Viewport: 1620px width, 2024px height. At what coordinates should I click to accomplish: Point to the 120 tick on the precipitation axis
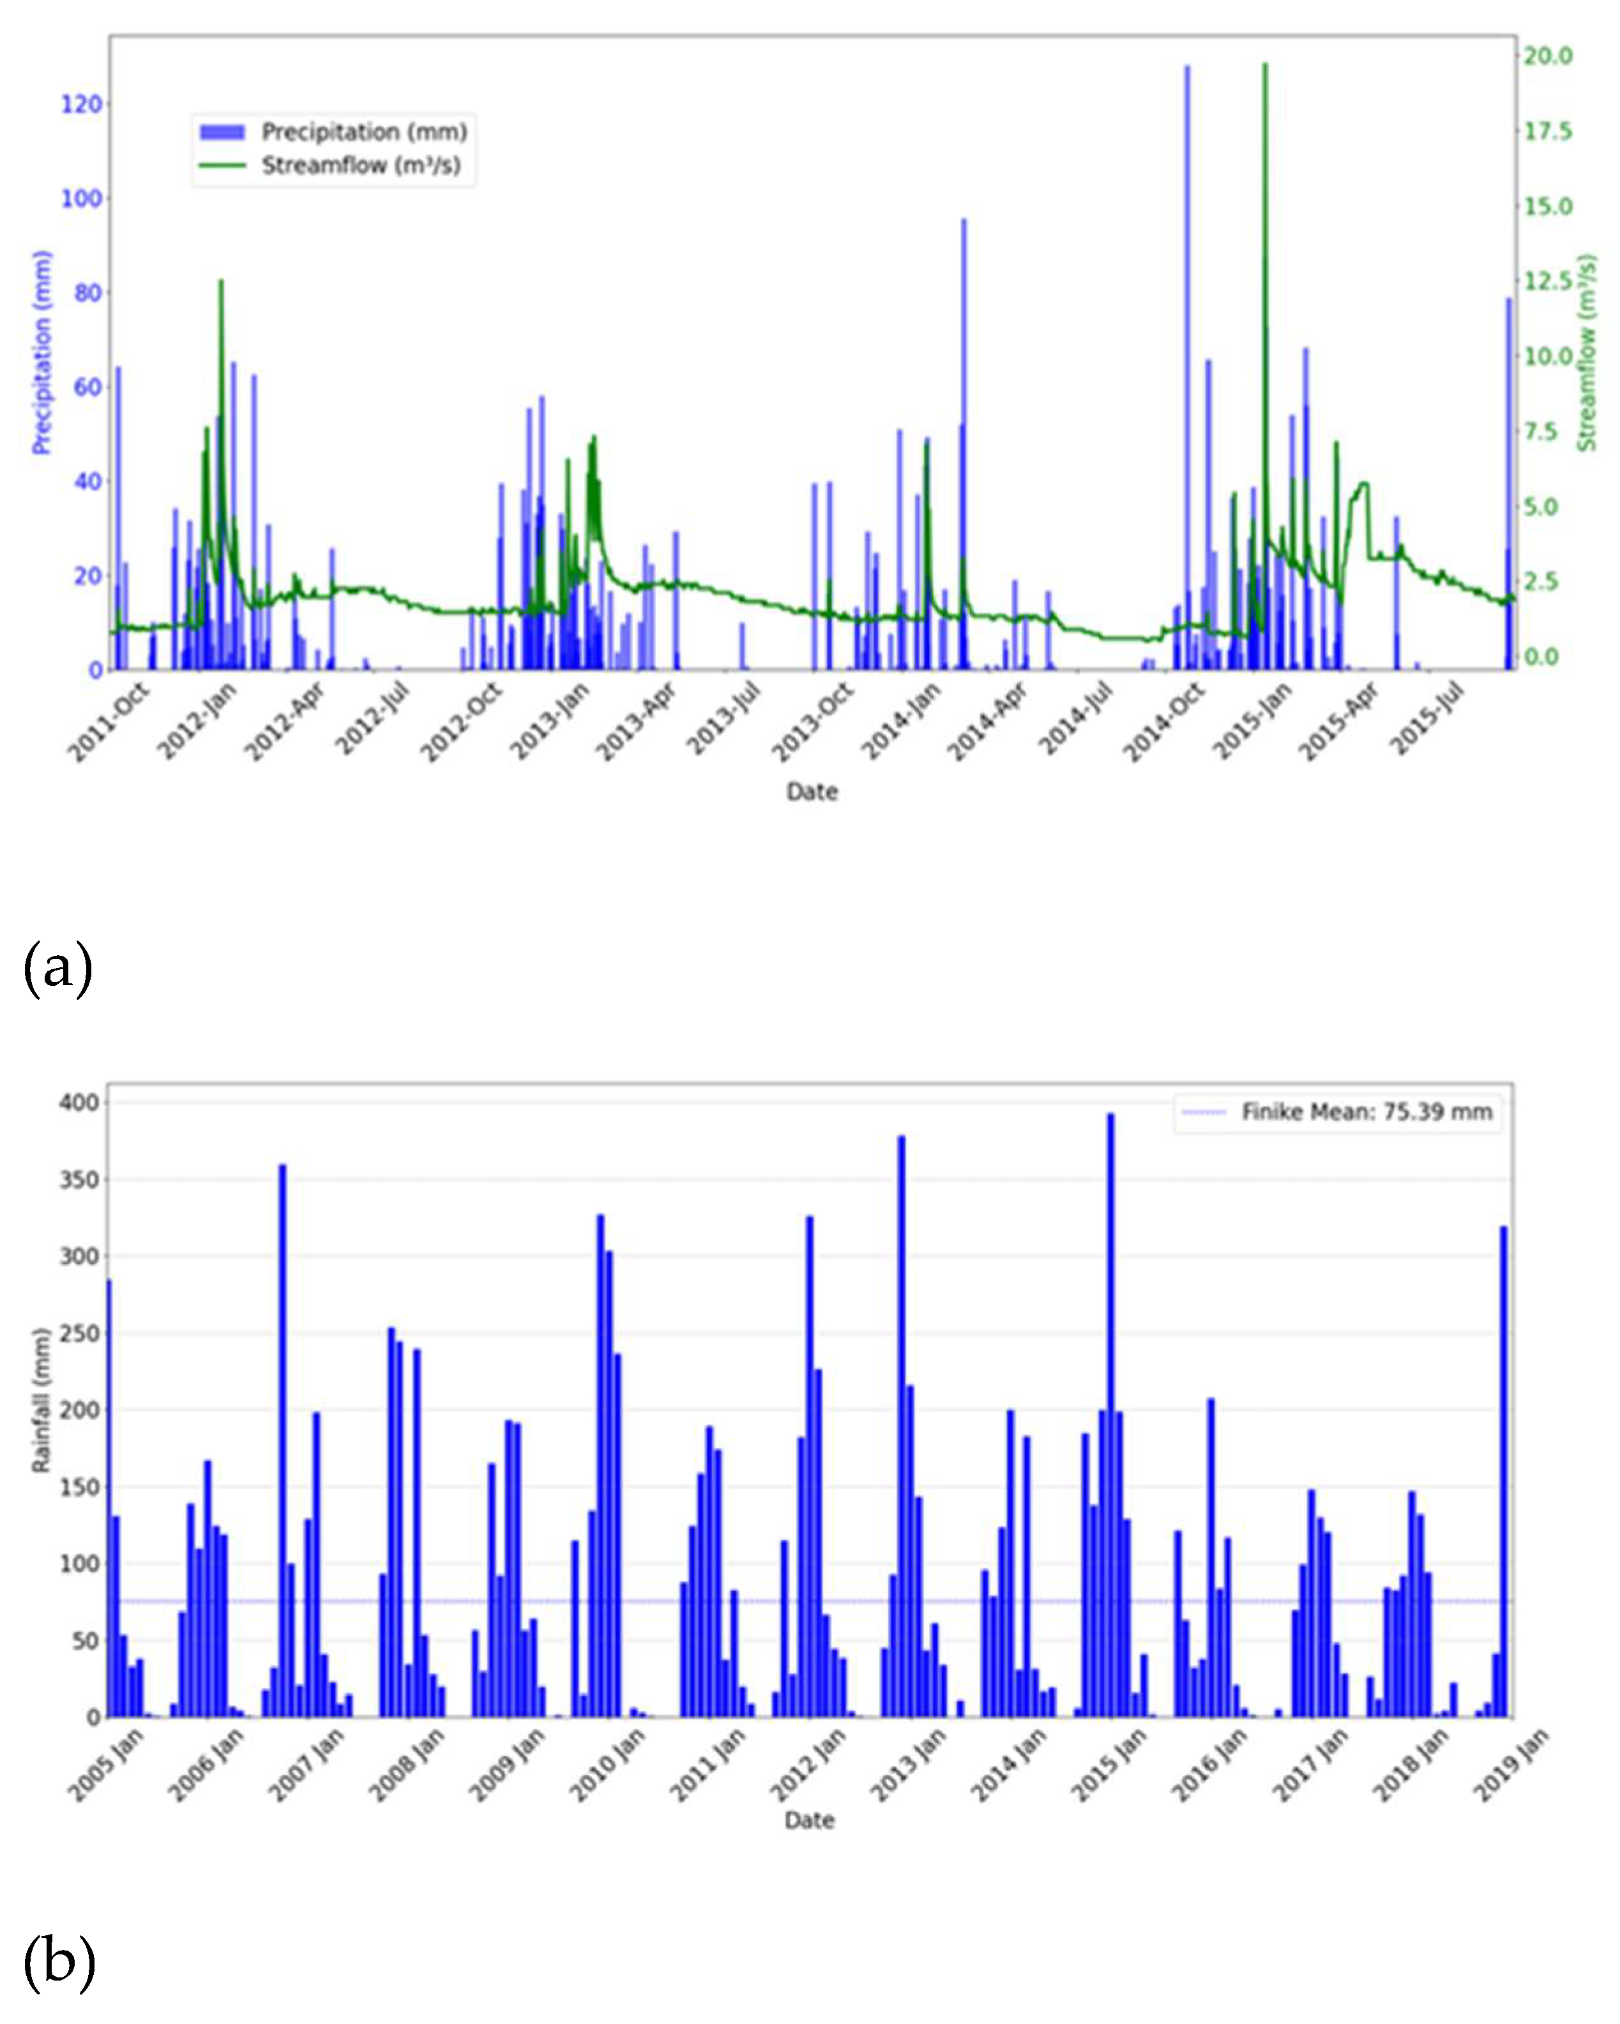82,104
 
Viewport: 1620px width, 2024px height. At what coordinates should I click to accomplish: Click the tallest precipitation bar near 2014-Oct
1186,366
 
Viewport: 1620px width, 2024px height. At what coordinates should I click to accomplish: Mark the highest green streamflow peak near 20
1264,66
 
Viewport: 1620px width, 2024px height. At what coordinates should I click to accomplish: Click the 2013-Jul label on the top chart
723,718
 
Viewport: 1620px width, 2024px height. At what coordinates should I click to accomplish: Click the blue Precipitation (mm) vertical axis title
42,352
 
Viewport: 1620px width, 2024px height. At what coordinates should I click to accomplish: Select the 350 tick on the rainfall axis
79,1180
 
